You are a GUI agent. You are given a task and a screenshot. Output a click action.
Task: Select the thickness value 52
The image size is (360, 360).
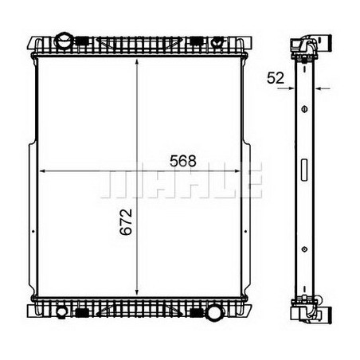(x=276, y=77)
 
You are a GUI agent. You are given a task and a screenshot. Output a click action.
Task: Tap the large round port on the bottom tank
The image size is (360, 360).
(x=213, y=311)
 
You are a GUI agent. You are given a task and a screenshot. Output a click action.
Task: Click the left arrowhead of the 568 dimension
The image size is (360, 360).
(x=44, y=170)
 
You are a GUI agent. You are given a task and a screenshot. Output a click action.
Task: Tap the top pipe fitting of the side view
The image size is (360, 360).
(x=311, y=45)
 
